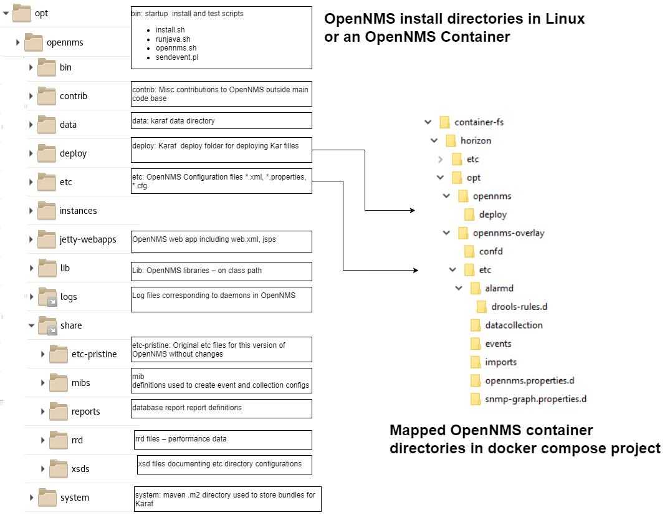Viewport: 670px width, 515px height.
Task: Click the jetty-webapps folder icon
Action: [47, 239]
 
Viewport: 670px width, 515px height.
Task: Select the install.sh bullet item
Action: [170, 29]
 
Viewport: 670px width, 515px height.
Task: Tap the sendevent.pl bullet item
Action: [177, 57]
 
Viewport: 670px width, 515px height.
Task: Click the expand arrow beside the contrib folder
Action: [31, 96]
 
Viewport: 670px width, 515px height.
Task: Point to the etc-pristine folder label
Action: [94, 354]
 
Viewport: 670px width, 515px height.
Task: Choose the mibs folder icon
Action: [59, 382]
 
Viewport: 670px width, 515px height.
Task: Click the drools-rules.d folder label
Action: [519, 307]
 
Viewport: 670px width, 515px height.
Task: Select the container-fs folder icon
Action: [444, 122]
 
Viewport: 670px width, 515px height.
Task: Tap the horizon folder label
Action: [476, 141]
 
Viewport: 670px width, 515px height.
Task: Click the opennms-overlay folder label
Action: [509, 233]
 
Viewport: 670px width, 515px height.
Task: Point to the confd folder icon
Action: [469, 252]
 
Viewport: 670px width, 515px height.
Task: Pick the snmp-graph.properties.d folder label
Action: [536, 399]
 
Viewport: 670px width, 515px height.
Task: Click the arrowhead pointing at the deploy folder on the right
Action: [412, 211]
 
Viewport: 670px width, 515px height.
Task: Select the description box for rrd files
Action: [223, 440]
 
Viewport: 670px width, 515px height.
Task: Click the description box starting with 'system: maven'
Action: [227, 499]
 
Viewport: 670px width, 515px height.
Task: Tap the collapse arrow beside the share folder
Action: [31, 325]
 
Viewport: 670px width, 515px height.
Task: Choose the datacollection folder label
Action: [514, 325]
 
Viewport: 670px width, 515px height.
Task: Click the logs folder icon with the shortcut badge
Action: [47, 297]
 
